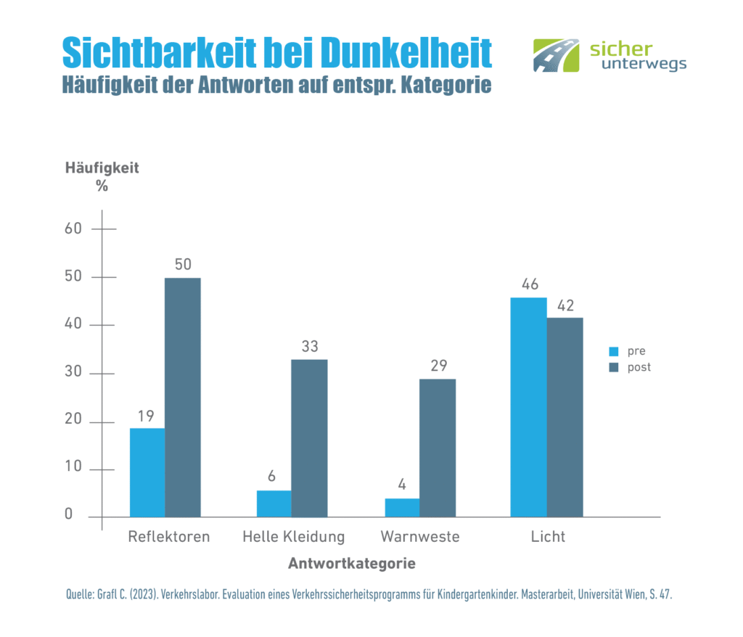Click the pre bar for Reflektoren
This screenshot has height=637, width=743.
[x=147, y=472]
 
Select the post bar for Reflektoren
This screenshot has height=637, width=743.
[x=183, y=398]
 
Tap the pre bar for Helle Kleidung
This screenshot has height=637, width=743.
[x=274, y=504]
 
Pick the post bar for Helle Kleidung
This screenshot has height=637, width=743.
[x=310, y=438]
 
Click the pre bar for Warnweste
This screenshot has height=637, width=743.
[x=402, y=508]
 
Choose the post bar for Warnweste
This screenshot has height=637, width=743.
[x=438, y=448]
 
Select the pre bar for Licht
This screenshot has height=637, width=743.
[x=529, y=407]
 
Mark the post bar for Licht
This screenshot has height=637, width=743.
[x=565, y=417]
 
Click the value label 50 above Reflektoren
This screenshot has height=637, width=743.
[x=183, y=265]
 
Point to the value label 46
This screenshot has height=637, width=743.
[x=529, y=284]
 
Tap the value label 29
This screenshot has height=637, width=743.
[x=438, y=366]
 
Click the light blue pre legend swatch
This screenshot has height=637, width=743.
[x=613, y=352]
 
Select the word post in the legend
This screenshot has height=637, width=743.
[x=639, y=367]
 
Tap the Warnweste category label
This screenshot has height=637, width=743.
[x=420, y=538]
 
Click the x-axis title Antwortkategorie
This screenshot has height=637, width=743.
[x=352, y=564]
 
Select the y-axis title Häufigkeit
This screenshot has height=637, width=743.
[x=102, y=168]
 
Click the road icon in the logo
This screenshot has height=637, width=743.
[x=557, y=56]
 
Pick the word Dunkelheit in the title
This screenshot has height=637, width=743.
[x=407, y=53]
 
